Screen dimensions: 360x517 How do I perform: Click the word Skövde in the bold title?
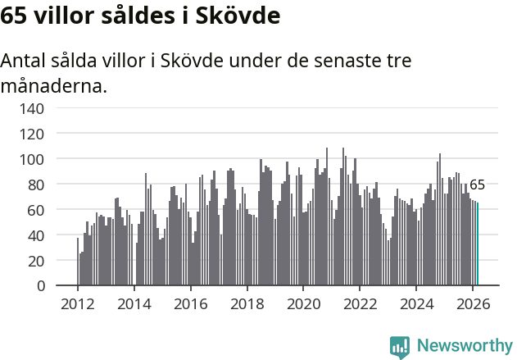pos(237,16)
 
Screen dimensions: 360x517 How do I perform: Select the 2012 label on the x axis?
pos(78,303)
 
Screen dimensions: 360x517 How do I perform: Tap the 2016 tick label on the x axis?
pos(190,303)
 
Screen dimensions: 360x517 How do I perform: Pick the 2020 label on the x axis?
pos(303,303)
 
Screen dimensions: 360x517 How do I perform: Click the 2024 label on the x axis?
pos(416,303)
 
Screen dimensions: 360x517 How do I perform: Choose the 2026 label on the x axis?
pos(473,303)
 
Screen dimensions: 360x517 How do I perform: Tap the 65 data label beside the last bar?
pos(477,185)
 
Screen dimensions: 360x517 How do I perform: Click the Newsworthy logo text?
pos(465,346)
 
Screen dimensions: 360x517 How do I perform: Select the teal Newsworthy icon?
pos(400,347)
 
